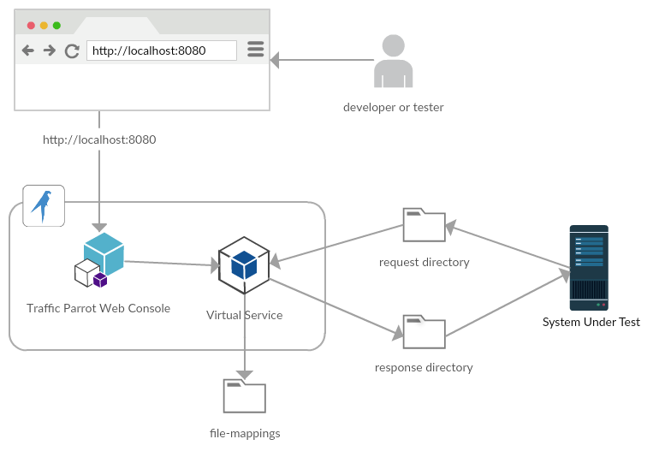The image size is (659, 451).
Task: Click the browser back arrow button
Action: point(28,50)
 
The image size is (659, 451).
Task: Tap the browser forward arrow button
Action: point(50,50)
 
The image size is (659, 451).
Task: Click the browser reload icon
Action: point(72,50)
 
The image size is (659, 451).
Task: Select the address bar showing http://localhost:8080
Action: point(161,50)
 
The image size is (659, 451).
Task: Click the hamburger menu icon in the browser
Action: point(255,50)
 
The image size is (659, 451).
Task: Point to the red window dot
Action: point(32,26)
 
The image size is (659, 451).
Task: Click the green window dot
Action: point(56,26)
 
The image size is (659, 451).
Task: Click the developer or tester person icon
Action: point(394,62)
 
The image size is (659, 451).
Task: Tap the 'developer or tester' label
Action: point(394,108)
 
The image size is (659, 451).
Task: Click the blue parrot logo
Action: point(43,205)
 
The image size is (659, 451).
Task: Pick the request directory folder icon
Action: point(424,225)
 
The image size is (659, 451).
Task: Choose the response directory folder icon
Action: point(424,332)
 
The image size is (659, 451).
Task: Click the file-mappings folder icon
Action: point(245,396)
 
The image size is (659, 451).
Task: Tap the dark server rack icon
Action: point(589,267)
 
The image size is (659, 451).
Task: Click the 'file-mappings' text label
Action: point(245,434)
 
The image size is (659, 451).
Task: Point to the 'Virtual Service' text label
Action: point(245,315)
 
